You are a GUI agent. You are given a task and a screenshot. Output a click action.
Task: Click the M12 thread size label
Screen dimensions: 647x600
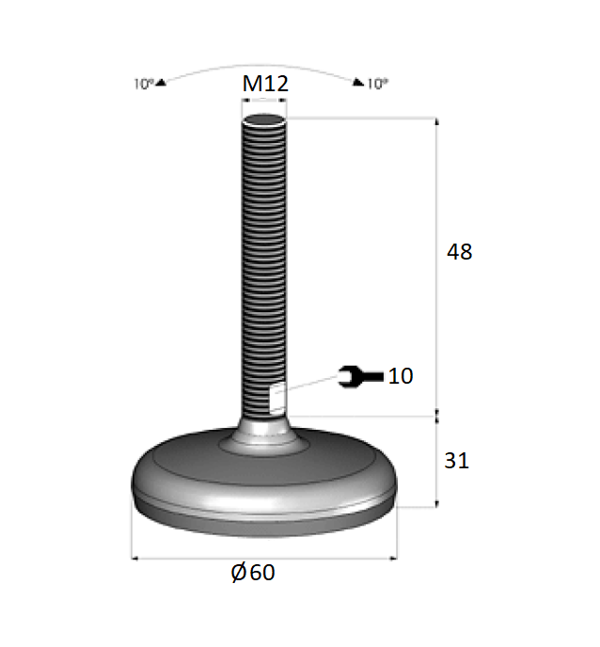pyautogui.click(x=264, y=85)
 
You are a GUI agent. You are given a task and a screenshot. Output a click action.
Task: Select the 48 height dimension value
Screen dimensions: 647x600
pyautogui.click(x=459, y=252)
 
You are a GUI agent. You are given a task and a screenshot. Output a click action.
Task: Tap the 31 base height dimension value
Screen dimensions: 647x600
pyautogui.click(x=456, y=461)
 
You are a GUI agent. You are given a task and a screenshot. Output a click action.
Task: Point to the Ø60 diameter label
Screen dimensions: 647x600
pyautogui.click(x=253, y=573)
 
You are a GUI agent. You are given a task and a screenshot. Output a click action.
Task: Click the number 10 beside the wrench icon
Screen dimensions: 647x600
pyautogui.click(x=401, y=376)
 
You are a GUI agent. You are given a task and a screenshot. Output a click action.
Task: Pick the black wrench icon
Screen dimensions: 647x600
pyautogui.click(x=361, y=376)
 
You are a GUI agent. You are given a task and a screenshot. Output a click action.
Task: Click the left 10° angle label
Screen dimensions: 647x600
pyautogui.click(x=143, y=84)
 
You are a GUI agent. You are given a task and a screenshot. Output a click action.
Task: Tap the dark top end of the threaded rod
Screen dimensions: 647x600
pyautogui.click(x=264, y=119)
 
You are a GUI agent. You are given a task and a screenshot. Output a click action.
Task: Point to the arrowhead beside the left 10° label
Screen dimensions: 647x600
pyautogui.click(x=161, y=83)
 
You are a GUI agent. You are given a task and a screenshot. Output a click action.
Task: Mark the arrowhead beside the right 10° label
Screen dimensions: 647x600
pyautogui.click(x=358, y=83)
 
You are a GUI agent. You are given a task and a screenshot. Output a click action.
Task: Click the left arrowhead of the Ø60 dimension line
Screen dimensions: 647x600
pyautogui.click(x=135, y=559)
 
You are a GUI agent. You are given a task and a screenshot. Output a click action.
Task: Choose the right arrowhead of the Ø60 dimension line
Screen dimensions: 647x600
pyautogui.click(x=392, y=559)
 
